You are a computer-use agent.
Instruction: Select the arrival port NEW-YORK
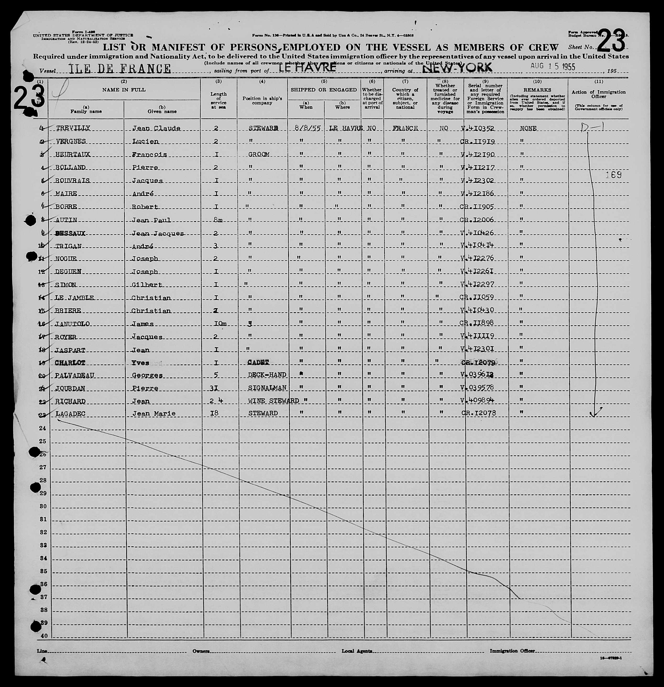[x=457, y=68]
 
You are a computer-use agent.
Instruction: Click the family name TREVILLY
[x=73, y=128]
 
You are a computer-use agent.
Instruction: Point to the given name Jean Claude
[x=156, y=128]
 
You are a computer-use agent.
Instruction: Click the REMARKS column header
[x=537, y=90]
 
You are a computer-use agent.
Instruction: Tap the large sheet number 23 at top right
[x=611, y=41]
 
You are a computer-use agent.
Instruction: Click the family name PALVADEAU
[x=75, y=375]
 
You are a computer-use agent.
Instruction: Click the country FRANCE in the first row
[x=405, y=128]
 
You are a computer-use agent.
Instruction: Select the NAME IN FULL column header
[x=124, y=90]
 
